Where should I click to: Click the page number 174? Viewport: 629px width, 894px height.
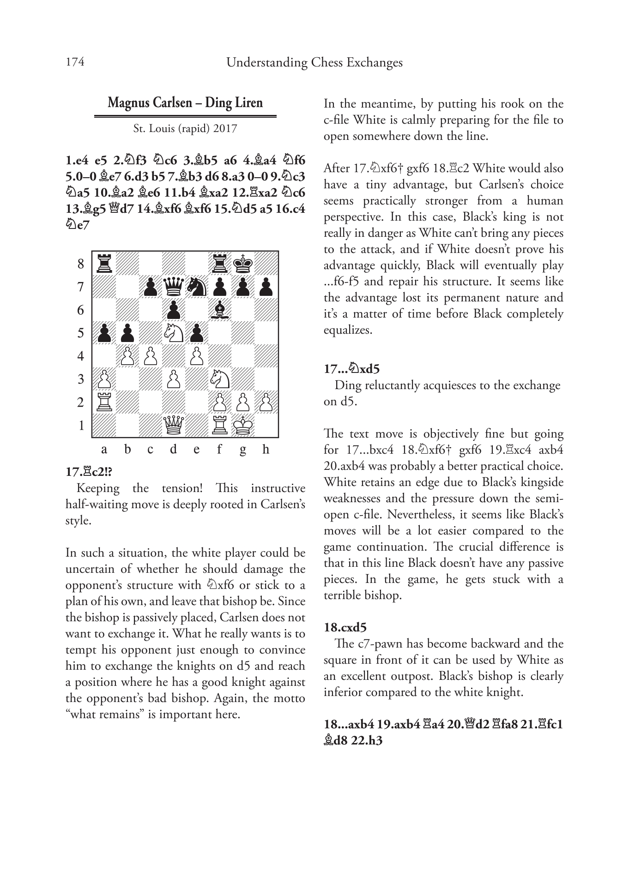pyautogui.click(x=75, y=62)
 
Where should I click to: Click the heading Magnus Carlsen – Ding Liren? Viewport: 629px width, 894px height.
pyautogui.click(x=185, y=102)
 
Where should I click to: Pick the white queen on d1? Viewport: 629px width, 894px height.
pyautogui.click(x=173, y=425)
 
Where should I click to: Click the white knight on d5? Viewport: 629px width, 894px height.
pyautogui.click(x=173, y=333)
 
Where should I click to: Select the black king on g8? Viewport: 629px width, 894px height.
pyautogui.click(x=243, y=264)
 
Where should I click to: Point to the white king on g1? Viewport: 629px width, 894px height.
pyautogui.click(x=243, y=425)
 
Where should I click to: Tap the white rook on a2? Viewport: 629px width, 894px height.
pyautogui.click(x=104, y=402)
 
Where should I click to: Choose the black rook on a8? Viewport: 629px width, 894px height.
pyautogui.click(x=104, y=264)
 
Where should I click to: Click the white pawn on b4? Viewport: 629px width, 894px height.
pyautogui.click(x=127, y=356)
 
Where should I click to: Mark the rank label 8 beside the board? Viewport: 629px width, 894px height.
pyautogui.click(x=81, y=264)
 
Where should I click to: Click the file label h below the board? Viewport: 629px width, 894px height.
pyautogui.click(x=266, y=449)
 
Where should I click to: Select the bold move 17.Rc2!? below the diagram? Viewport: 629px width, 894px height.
pyautogui.click(x=89, y=472)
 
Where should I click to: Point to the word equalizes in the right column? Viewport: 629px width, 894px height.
pyautogui.click(x=347, y=330)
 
